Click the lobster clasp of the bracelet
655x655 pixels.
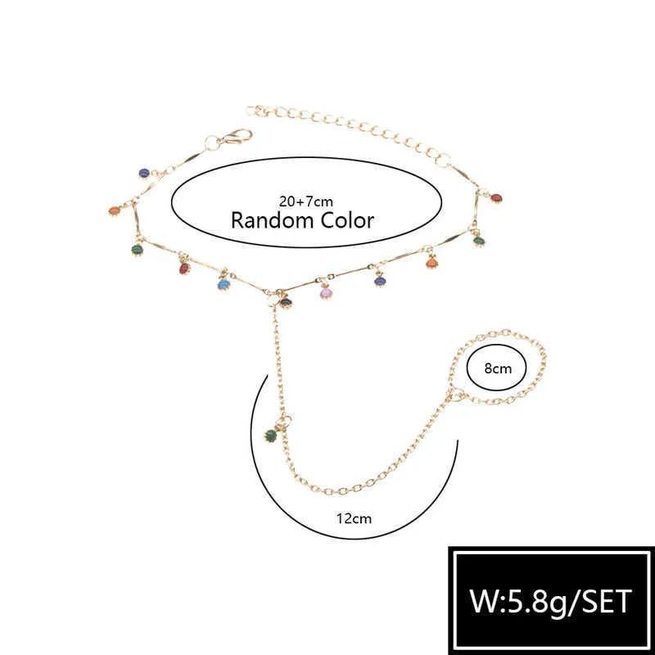pyautogui.click(x=237, y=136)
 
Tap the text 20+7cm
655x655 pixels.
pyautogui.click(x=306, y=201)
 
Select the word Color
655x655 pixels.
pyautogui.click(x=347, y=220)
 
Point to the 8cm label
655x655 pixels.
pyautogui.click(x=498, y=368)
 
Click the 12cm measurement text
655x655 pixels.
pyautogui.click(x=354, y=518)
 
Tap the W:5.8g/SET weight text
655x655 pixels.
pyautogui.click(x=550, y=602)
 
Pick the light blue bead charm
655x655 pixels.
pyautogui.click(x=224, y=284)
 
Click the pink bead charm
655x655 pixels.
pyautogui.click(x=326, y=293)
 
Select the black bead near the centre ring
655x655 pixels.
pyautogui.click(x=286, y=301)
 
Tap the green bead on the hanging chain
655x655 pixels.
pyautogui.click(x=271, y=436)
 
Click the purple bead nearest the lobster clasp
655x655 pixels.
pyautogui.click(x=144, y=173)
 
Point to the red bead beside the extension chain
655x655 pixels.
pyautogui.click(x=496, y=198)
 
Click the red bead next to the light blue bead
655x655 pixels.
pyautogui.click(x=184, y=269)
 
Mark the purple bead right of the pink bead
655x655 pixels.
pyautogui.click(x=380, y=281)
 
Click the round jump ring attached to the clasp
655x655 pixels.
pyautogui.click(x=212, y=143)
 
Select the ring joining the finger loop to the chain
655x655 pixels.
pyautogui.click(x=456, y=394)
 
